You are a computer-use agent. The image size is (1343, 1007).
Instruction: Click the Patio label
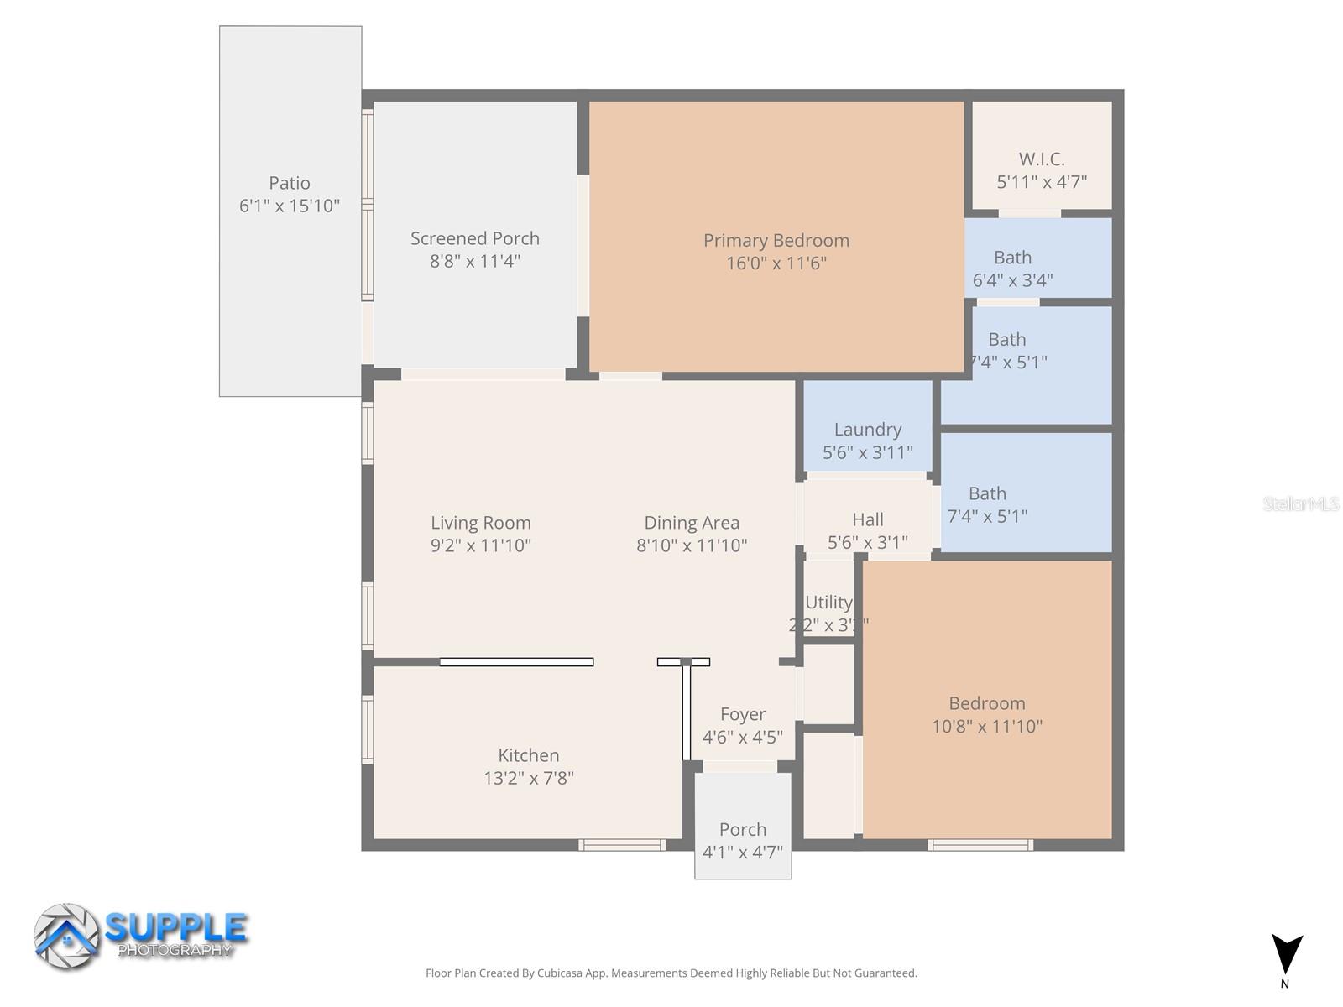(289, 183)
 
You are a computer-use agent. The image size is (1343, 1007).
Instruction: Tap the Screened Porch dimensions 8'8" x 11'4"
(475, 261)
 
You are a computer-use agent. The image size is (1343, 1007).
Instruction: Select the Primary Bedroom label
(776, 241)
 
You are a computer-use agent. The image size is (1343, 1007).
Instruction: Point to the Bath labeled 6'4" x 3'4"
(1012, 269)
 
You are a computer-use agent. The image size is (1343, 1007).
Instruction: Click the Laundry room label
(867, 430)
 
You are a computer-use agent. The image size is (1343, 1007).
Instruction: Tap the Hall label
(867, 519)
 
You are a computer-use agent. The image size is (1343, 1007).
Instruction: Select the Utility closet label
(828, 603)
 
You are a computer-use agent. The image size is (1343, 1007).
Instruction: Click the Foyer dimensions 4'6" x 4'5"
(742, 737)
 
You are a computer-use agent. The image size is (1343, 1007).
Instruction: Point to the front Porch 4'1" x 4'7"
(742, 840)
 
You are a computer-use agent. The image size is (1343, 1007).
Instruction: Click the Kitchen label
(528, 755)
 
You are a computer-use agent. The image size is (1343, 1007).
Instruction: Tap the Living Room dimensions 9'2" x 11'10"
(480, 545)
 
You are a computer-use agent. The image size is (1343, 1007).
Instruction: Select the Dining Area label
(691, 523)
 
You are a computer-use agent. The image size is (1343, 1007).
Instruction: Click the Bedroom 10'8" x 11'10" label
(986, 704)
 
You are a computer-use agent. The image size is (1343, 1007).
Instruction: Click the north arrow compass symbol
(1286, 955)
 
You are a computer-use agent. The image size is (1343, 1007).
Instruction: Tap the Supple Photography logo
(141, 936)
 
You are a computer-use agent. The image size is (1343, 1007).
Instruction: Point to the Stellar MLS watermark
(1300, 503)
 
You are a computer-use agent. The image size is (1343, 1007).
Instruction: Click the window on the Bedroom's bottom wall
(980, 845)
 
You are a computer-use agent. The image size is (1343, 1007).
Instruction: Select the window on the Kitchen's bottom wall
(621, 845)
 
